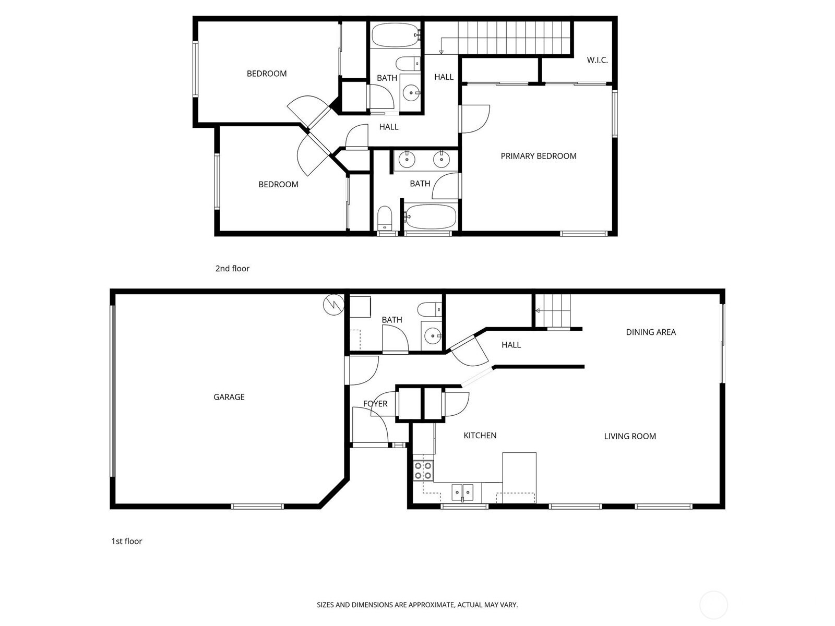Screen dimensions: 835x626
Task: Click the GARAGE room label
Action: pyautogui.click(x=229, y=397)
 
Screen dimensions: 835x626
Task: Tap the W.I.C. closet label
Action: pyautogui.click(x=597, y=60)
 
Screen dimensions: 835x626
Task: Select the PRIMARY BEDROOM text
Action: pyautogui.click(x=538, y=156)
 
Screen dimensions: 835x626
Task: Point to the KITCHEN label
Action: pyautogui.click(x=480, y=436)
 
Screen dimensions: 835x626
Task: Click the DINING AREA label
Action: pyautogui.click(x=651, y=332)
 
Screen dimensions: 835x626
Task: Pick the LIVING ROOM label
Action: pyautogui.click(x=630, y=436)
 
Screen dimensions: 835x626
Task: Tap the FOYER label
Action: pyautogui.click(x=375, y=404)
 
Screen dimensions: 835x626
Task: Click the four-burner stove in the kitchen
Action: pyautogui.click(x=423, y=470)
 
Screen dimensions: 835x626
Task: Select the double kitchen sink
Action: pyautogui.click(x=462, y=492)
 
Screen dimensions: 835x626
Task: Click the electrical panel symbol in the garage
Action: pyautogui.click(x=333, y=305)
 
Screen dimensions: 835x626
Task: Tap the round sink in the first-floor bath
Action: pyautogui.click(x=433, y=336)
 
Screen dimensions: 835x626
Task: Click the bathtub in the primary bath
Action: pyautogui.click(x=430, y=216)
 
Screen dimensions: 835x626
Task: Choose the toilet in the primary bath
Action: pyautogui.click(x=385, y=218)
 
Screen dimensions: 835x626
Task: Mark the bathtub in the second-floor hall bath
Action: pyautogui.click(x=396, y=35)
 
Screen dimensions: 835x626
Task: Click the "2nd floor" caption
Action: pyautogui.click(x=232, y=269)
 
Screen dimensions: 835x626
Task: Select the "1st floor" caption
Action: pyautogui.click(x=126, y=541)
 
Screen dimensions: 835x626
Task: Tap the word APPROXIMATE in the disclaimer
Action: pyautogui.click(x=432, y=605)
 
